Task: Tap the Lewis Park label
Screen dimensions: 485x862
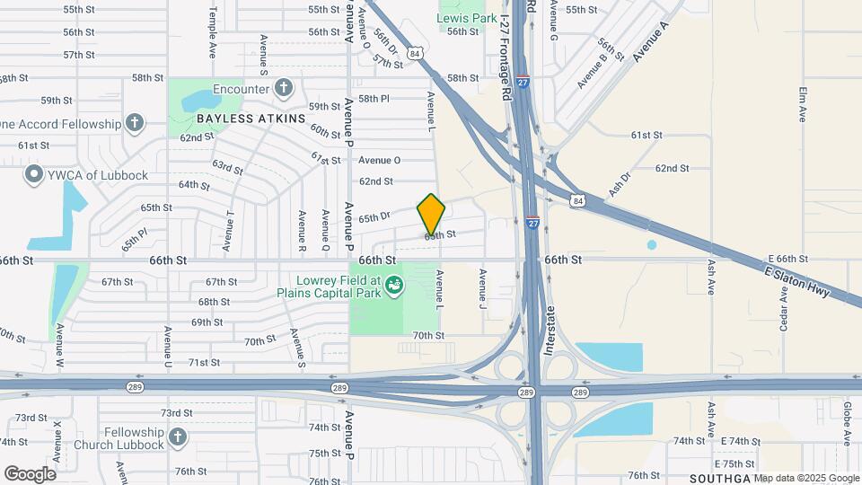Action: (466, 18)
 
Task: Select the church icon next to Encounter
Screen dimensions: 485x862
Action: (284, 88)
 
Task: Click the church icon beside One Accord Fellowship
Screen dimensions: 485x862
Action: (134, 123)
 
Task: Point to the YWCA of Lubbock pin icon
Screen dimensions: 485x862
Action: (35, 174)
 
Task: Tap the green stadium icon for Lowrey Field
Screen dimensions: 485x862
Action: (392, 287)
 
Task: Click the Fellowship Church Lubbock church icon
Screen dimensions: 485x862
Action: (177, 436)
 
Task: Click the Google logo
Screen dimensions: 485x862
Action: (30, 473)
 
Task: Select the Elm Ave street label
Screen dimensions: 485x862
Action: (803, 103)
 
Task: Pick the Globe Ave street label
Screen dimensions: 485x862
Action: (846, 425)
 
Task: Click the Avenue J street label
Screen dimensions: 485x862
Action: (482, 284)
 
